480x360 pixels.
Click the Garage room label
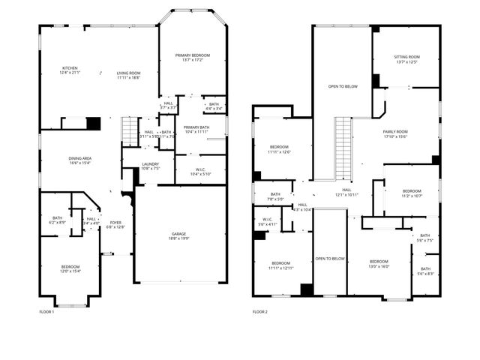click(x=179, y=236)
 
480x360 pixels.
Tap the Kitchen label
click(x=70, y=70)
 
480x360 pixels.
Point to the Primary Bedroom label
click(x=193, y=58)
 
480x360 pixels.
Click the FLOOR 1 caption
click(x=46, y=311)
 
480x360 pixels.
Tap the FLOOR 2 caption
click(x=259, y=311)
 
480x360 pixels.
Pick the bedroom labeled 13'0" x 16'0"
click(x=378, y=263)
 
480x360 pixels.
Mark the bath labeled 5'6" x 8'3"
click(x=425, y=271)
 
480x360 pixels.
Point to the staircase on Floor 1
click(x=130, y=133)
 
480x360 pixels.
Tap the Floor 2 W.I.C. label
click(x=268, y=222)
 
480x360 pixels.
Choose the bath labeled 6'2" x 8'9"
click(x=57, y=220)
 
